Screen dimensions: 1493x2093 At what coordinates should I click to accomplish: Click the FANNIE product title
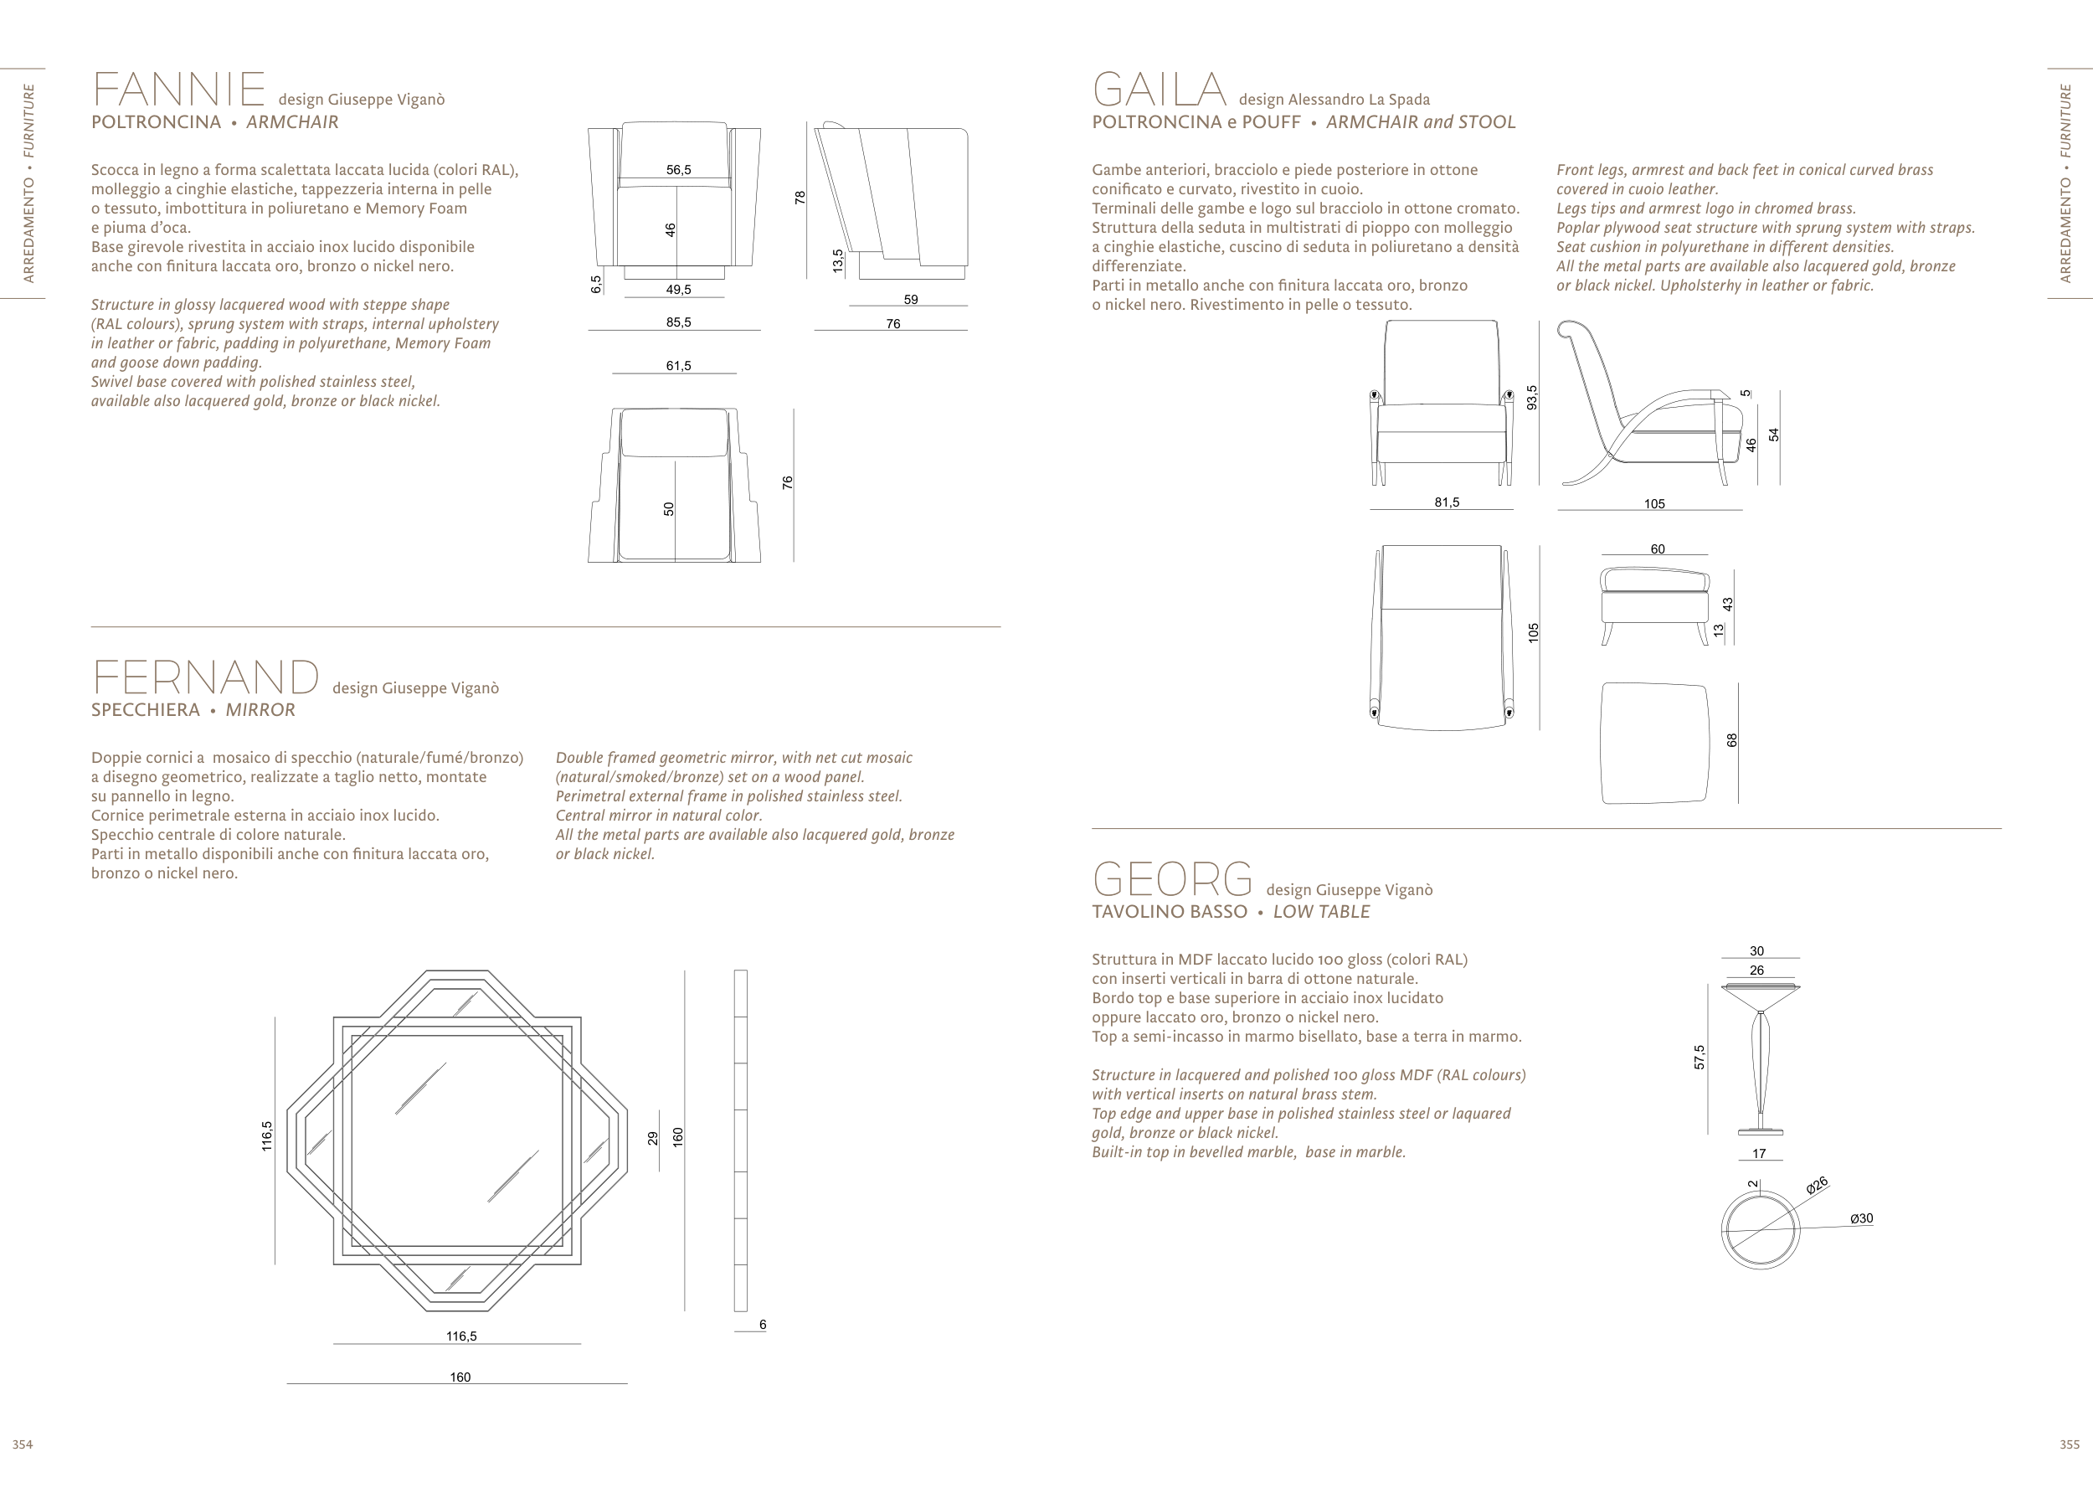178,90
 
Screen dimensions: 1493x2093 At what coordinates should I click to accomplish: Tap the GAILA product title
1158,90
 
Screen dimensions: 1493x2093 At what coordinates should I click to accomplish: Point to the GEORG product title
1172,880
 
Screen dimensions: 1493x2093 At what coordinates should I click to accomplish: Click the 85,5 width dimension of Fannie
678,322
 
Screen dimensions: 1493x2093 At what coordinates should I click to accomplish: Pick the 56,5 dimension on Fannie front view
678,169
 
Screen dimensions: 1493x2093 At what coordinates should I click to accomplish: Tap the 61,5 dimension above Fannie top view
678,366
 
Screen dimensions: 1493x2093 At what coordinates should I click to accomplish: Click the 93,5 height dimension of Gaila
1531,397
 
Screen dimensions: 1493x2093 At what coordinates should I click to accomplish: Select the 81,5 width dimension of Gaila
1447,502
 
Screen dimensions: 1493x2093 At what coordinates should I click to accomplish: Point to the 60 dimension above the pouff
1658,548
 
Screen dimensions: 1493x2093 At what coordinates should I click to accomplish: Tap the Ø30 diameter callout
1860,1218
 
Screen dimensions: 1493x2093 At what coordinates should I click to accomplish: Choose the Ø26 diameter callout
1817,1186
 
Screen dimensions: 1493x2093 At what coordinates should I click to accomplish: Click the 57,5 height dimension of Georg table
1700,1058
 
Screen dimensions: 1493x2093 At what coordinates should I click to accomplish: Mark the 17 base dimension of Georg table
1758,1153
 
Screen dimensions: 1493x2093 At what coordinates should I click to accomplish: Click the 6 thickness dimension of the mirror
762,1324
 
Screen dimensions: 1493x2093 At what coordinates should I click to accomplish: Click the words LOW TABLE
1321,912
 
